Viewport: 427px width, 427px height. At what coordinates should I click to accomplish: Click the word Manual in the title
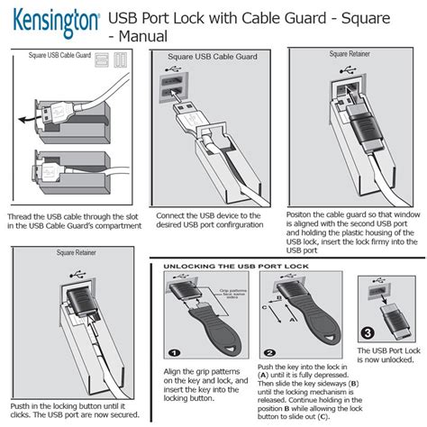(x=137, y=37)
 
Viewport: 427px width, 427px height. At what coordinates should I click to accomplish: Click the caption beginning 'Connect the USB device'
(x=211, y=222)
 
